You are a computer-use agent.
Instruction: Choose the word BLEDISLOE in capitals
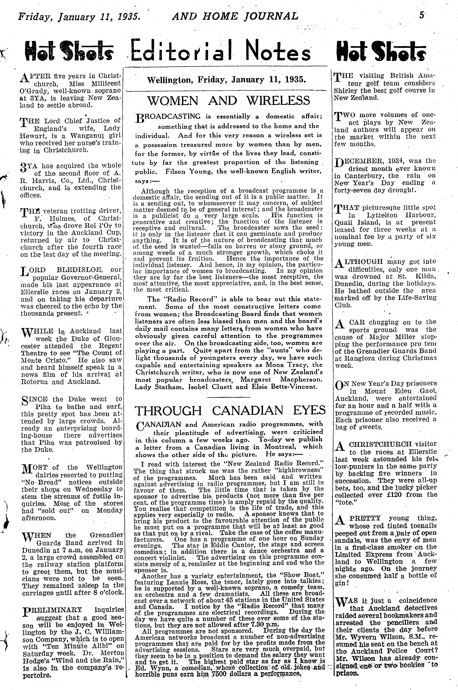[x=75, y=270]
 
